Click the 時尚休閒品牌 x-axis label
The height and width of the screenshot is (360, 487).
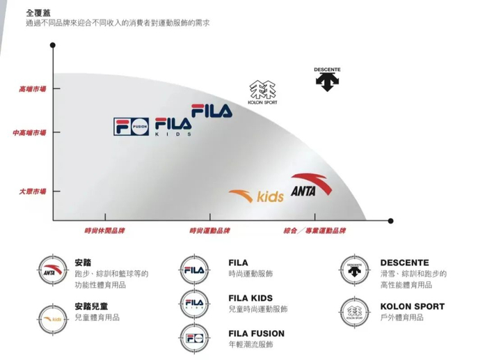tap(104, 230)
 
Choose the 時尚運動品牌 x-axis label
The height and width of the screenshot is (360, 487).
tap(209, 230)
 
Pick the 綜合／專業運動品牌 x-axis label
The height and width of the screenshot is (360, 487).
tap(314, 230)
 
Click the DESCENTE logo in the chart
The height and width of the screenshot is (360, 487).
tap(327, 79)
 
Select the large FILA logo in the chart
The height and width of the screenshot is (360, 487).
tap(211, 111)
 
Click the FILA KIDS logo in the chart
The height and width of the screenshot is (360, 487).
tap(173, 127)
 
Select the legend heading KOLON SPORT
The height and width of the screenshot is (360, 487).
tap(412, 306)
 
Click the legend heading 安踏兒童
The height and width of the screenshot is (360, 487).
tap(91, 306)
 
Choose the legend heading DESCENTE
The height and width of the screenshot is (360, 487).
tap(404, 263)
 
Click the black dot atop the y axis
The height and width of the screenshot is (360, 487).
tap(53, 45)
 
